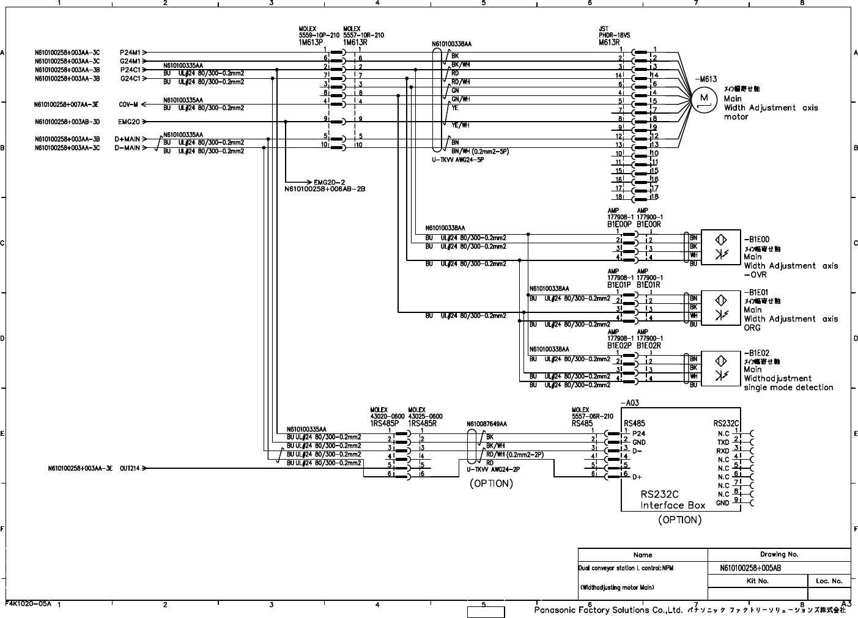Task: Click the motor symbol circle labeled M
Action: tap(704, 98)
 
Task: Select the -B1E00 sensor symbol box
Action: tap(720, 247)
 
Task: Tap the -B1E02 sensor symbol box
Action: tap(720, 368)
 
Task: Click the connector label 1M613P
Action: tap(310, 42)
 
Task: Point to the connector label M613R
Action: tap(610, 42)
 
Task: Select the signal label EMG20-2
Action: tap(330, 182)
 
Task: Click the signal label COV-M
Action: tap(128, 105)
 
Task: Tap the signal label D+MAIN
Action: tap(127, 139)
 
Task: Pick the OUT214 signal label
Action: tap(130, 469)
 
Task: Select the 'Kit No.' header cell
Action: tap(758, 581)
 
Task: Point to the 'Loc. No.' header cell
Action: tap(829, 581)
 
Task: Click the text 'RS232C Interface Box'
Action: tap(672, 499)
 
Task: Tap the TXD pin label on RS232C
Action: tap(723, 442)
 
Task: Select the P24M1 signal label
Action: tap(130, 53)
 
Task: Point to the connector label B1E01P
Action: tap(619, 285)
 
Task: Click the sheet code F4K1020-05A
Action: tap(28, 603)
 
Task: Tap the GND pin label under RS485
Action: tap(639, 442)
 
